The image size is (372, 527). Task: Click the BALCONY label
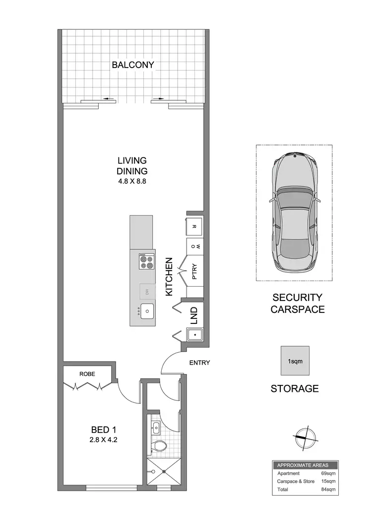132,65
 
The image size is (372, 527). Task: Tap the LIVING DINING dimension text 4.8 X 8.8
132,181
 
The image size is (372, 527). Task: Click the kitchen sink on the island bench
147,311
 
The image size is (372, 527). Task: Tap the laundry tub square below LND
195,335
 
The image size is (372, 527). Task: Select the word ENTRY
199,363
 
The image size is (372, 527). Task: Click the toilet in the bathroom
158,446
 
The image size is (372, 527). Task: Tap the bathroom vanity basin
156,426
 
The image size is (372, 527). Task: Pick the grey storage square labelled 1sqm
295,360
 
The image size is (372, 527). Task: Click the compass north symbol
304,437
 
